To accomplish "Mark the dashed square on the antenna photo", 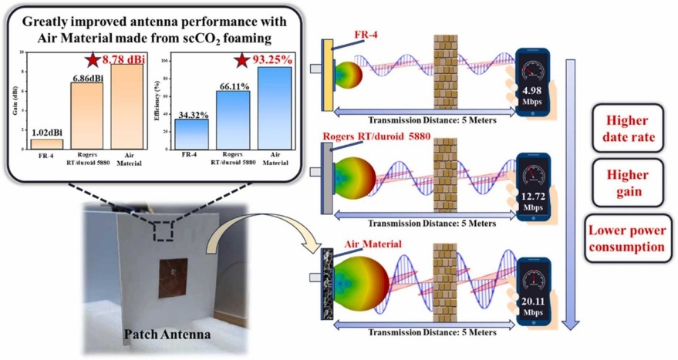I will point(166,229).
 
